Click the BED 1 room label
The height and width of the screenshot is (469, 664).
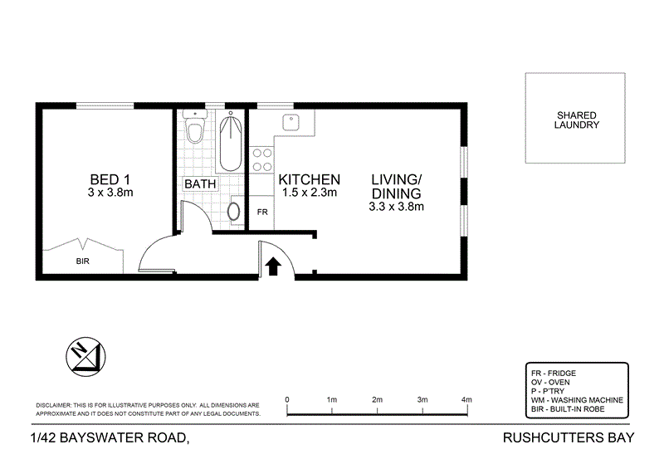click(110, 179)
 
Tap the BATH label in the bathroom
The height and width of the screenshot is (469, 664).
click(200, 183)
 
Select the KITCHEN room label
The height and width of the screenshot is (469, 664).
click(309, 179)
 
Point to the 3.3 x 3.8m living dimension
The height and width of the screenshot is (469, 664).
click(397, 207)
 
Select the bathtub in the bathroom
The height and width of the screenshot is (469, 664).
click(232, 137)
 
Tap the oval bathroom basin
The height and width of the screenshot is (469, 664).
click(235, 211)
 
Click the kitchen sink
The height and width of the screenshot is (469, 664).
click(291, 123)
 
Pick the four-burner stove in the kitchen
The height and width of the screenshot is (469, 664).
click(263, 159)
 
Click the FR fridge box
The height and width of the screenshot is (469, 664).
click(262, 213)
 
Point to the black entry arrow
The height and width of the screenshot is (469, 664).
click(273, 265)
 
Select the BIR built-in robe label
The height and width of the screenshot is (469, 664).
click(82, 260)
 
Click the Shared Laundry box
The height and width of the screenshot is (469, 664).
click(577, 119)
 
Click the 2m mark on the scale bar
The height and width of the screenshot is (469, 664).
click(377, 400)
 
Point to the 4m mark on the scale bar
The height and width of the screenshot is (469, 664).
click(466, 400)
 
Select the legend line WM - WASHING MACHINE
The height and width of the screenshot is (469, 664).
click(576, 400)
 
